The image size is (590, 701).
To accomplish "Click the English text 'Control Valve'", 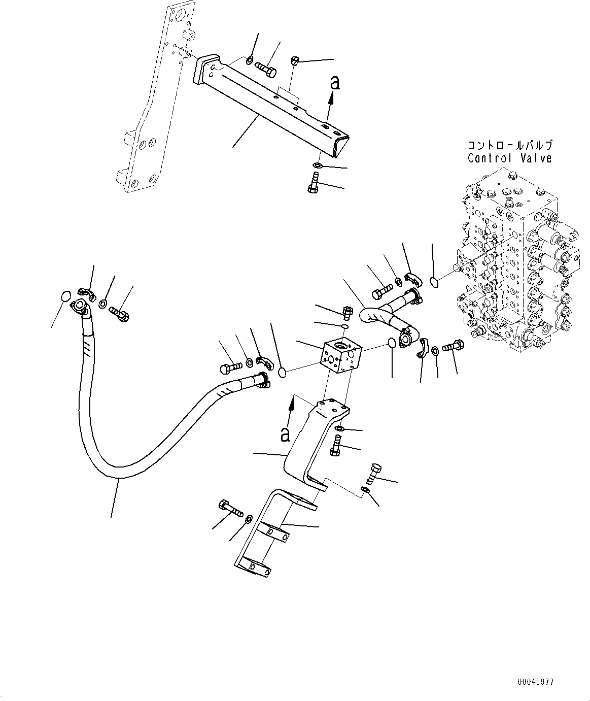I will click(x=509, y=158).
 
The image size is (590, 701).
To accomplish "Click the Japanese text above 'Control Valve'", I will click(x=509, y=145).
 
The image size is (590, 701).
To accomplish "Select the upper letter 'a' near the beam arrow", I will click(x=334, y=82).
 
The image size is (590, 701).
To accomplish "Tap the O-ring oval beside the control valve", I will click(x=434, y=282).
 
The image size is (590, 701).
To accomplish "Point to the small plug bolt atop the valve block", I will click(x=348, y=310).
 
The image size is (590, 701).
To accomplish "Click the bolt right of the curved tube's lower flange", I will click(x=452, y=346).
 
